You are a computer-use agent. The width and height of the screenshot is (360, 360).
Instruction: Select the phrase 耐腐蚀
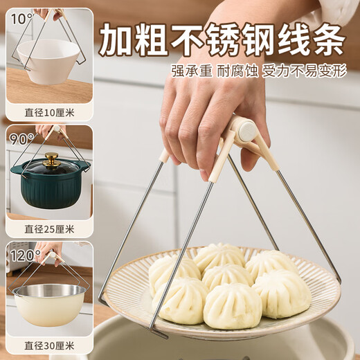[x=237, y=72]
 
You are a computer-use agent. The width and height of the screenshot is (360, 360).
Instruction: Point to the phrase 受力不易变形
[x=303, y=72]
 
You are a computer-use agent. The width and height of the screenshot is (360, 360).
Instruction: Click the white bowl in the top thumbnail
[x=48, y=60]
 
